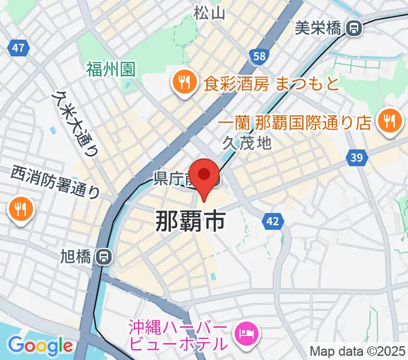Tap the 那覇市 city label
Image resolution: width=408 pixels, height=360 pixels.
(190, 221)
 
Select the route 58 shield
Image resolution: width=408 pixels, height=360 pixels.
(259, 56)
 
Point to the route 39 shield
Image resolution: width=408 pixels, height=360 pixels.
(357, 157)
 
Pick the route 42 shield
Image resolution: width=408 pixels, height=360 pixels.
(273, 221)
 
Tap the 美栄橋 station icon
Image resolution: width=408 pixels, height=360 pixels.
(355, 27)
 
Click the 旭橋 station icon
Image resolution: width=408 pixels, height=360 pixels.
(104, 257)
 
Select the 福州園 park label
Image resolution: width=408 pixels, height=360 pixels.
(110, 69)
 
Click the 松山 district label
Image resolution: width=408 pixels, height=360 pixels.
(209, 11)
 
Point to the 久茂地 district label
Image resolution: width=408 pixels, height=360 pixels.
(247, 142)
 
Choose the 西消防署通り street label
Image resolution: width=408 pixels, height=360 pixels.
(55, 182)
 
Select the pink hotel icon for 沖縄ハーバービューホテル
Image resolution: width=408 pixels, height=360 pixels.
(247, 331)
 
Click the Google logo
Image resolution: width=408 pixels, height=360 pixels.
(40, 346)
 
